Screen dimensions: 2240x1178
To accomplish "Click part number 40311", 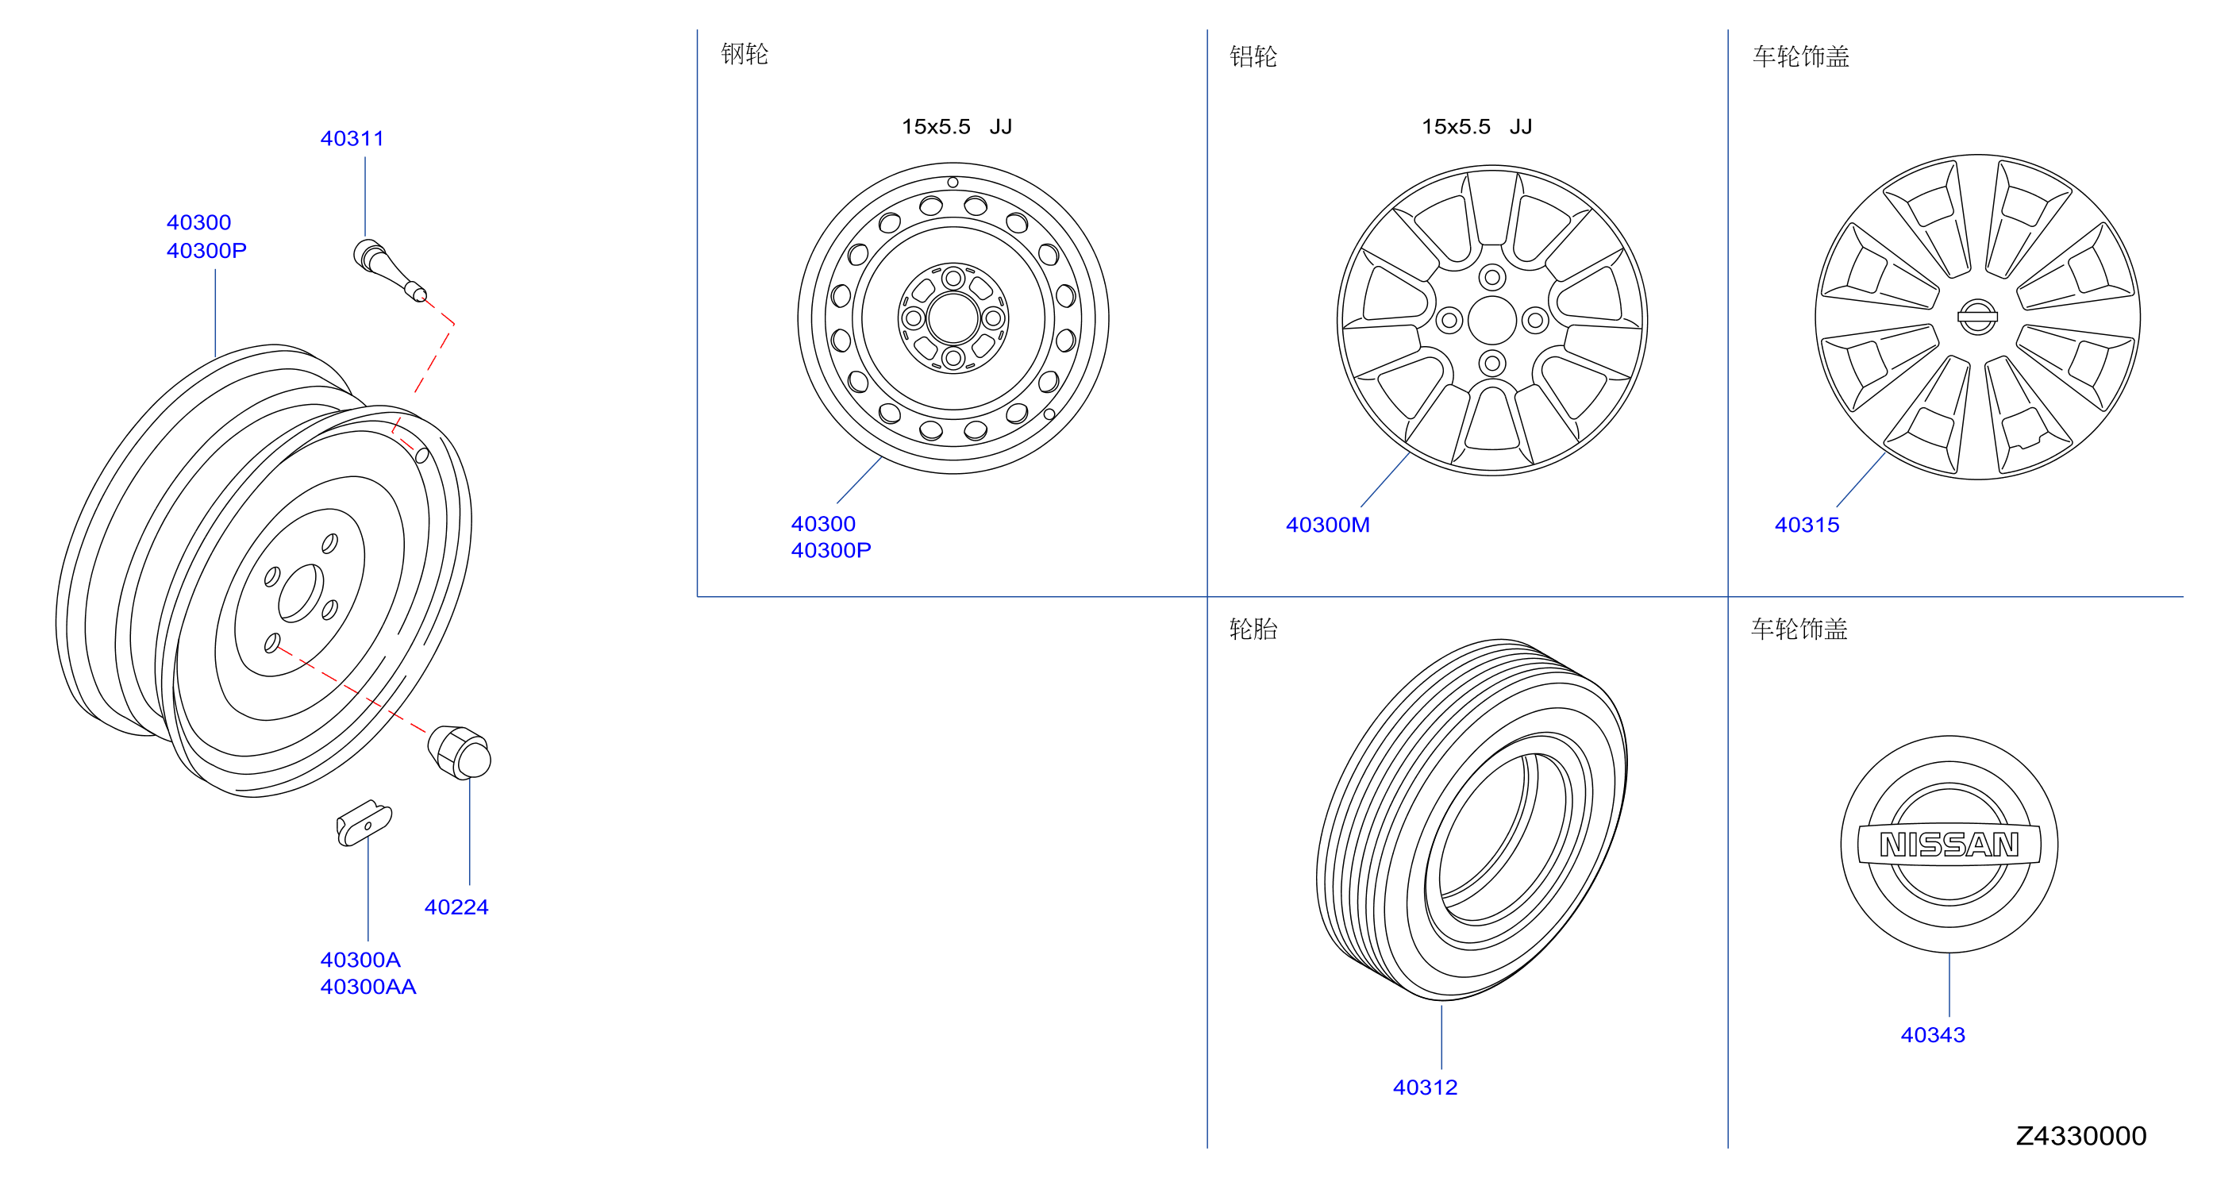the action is pos(352,138).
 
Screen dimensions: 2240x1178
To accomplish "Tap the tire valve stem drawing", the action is pos(389,270).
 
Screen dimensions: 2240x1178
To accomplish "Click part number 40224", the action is pos(456,907).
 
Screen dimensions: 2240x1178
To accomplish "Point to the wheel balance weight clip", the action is pos(364,822).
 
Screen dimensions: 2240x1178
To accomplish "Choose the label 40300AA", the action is pos(368,987).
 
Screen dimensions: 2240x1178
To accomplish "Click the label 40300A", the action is pos(360,960).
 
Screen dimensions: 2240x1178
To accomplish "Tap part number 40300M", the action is pos(1327,525).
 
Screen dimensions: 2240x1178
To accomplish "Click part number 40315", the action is pos(1806,525).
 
